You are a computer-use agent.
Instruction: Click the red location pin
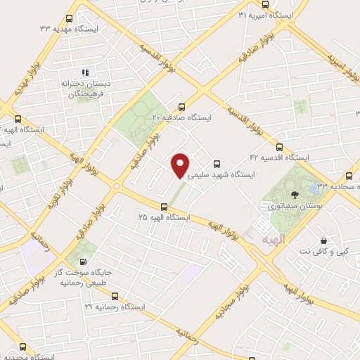click(181, 165)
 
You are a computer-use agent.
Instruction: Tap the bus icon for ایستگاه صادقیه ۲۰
click(182, 108)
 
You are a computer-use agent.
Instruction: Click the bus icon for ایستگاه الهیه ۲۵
click(165, 207)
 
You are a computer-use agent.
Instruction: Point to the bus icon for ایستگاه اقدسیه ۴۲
click(280, 148)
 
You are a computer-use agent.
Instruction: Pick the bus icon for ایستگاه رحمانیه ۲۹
click(115, 297)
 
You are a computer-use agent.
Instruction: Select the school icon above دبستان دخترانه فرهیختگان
click(86, 72)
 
